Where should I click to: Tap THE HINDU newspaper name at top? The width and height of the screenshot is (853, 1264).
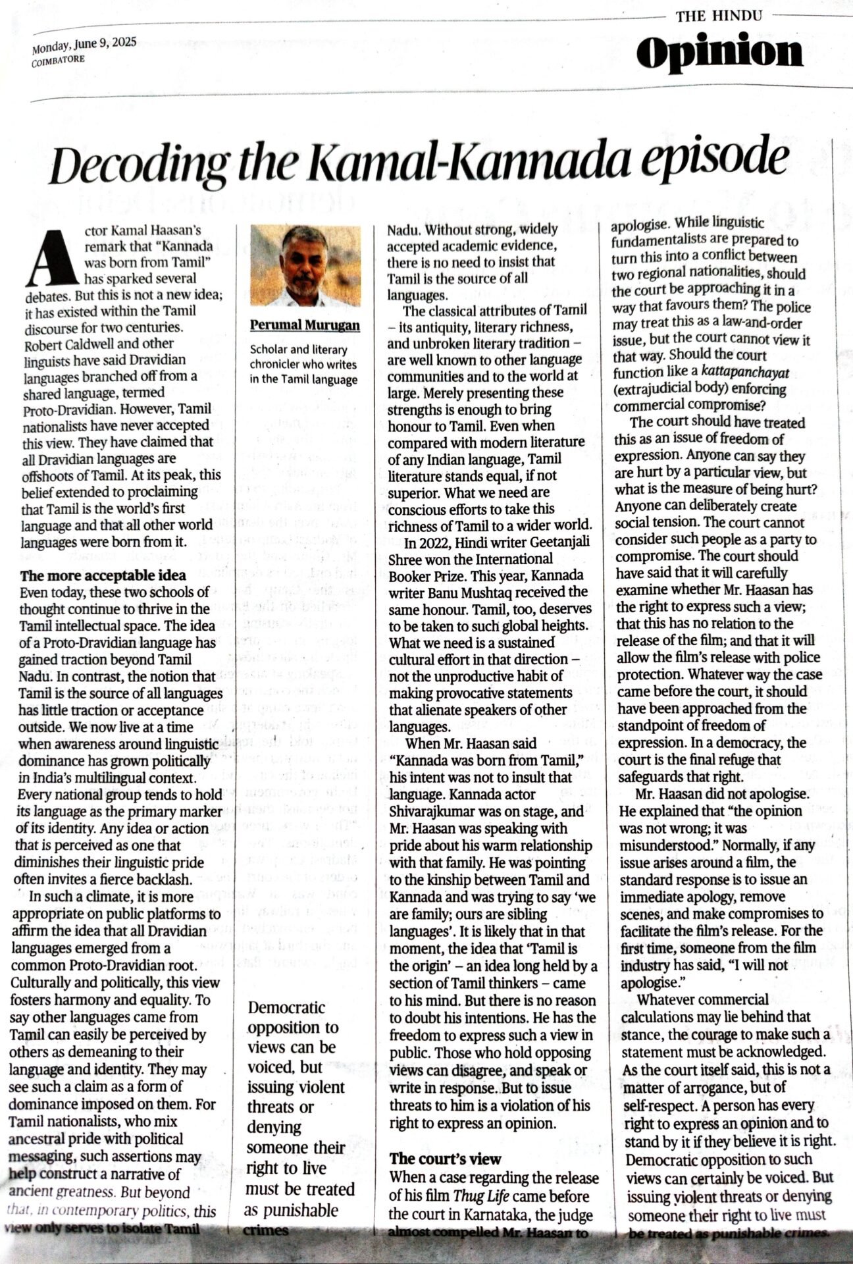[x=718, y=15]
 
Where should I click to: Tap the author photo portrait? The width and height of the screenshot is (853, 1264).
[x=305, y=266]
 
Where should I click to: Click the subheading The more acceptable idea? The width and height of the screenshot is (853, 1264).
[x=103, y=576]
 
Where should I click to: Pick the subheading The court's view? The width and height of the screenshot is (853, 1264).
[x=445, y=1158]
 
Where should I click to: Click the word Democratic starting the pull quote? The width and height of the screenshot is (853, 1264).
[x=286, y=1007]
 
